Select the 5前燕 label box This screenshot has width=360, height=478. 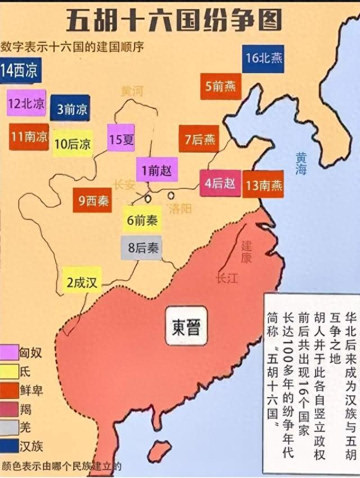coord(220,87)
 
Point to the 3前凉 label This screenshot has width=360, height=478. coord(70,109)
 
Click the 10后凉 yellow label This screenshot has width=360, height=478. coord(73,143)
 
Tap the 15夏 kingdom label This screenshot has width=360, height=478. coord(121,138)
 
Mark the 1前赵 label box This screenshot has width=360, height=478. coord(157,170)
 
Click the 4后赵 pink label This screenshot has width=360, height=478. coord(220,182)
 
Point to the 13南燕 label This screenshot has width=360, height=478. coord(263,184)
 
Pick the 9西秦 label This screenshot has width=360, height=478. coord(93,200)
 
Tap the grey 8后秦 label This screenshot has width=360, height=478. coord(141,247)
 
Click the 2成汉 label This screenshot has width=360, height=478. coord(82,282)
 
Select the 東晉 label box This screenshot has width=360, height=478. coord(186,325)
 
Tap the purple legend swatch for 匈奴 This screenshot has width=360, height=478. coord(8,354)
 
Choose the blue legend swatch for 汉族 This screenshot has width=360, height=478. coord(8,446)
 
